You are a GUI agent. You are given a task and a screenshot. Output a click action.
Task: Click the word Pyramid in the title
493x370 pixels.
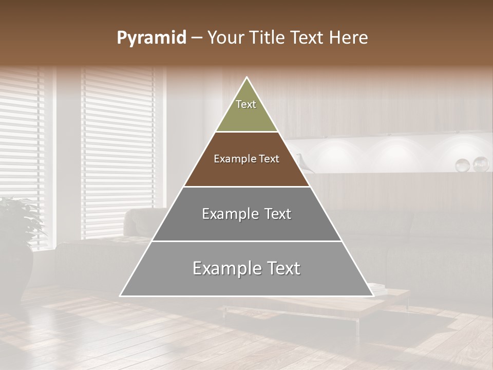click(151, 38)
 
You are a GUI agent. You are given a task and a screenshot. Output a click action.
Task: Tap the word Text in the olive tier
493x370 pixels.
click(246, 104)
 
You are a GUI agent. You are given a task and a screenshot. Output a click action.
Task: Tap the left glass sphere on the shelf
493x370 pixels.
click(463, 165)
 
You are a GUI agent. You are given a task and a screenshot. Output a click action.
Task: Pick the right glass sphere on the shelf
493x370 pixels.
click(481, 164)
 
